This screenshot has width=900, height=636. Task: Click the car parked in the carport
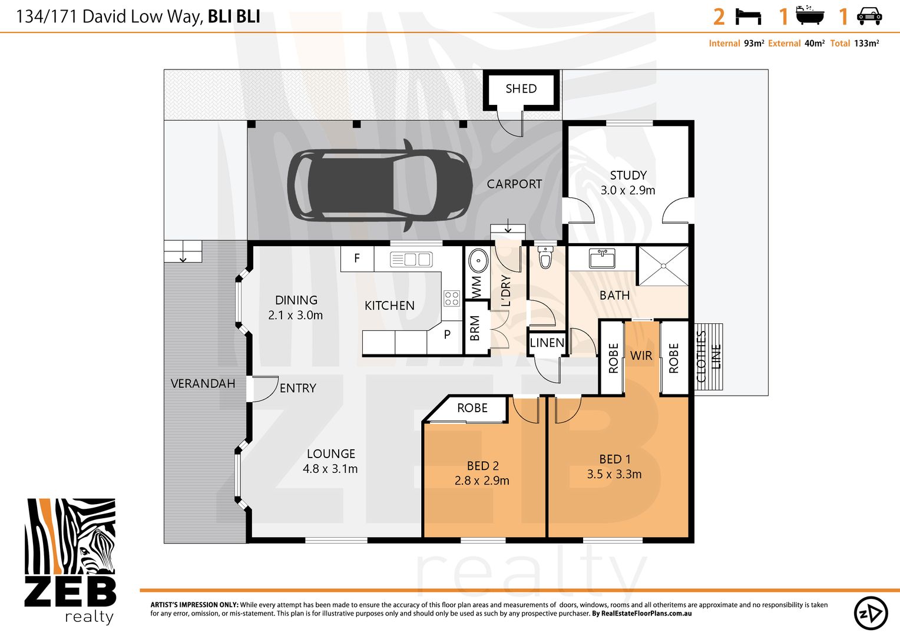[379, 185]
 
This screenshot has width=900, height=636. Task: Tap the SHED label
[521, 89]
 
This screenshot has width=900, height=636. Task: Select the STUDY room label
[628, 175]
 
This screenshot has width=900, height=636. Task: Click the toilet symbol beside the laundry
[545, 258]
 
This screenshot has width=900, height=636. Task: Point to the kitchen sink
[411, 259]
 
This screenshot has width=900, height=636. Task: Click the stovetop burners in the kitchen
[451, 298]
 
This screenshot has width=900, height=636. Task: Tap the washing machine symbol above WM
[478, 261]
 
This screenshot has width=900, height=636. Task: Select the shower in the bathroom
[663, 266]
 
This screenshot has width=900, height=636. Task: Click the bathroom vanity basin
[602, 257]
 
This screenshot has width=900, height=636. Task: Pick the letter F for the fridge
[357, 258]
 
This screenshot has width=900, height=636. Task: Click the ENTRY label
[297, 388]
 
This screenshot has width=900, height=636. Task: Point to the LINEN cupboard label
[547, 343]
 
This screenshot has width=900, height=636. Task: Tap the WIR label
[641, 356]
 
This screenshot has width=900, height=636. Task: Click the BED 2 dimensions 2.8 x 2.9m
[482, 481]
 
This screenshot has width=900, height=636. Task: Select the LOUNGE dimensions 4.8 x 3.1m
[330, 469]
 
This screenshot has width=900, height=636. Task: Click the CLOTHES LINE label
[708, 357]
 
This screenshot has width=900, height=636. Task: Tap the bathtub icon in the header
[810, 16]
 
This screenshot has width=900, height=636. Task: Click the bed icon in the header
[748, 16]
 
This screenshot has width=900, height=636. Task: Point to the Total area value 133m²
[866, 44]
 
